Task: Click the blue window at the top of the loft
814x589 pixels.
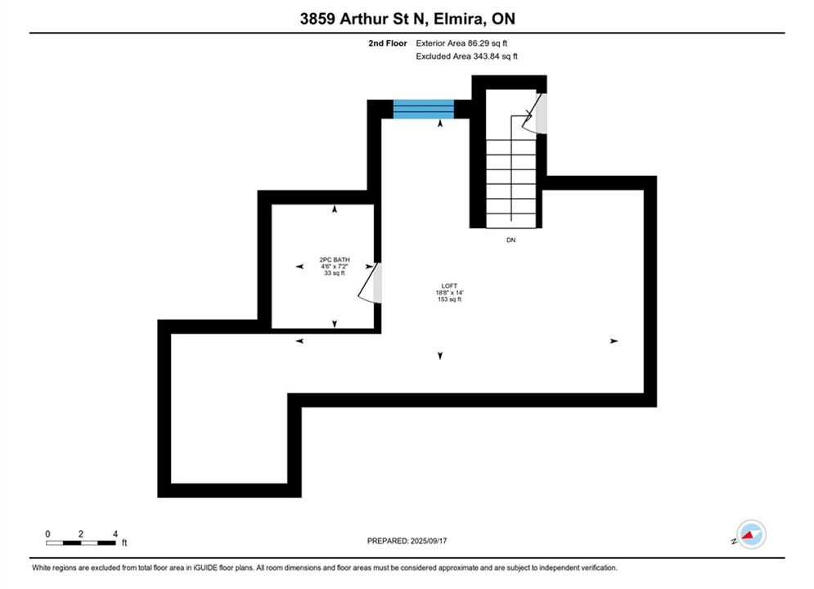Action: pos(423,109)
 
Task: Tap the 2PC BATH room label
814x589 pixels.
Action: pos(335,259)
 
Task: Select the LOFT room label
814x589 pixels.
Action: pos(450,286)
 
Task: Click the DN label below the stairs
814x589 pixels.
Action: pos(510,241)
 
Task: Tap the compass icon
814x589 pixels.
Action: pos(751,534)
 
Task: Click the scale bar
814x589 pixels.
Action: pos(80,543)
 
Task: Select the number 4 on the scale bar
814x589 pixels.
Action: pos(115,533)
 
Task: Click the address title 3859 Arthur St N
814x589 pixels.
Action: pos(362,19)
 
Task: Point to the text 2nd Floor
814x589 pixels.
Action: pos(387,43)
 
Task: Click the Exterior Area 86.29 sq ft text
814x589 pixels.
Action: pos(461,43)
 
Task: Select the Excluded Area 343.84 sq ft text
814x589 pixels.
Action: pos(466,56)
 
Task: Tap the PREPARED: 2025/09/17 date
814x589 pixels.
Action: pos(407,541)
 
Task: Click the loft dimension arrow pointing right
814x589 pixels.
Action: pos(614,341)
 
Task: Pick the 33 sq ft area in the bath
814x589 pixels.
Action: pos(335,273)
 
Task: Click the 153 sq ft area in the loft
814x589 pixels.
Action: pos(450,299)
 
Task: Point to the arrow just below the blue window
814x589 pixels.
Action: pos(440,124)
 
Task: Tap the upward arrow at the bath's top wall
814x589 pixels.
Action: pos(335,209)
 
